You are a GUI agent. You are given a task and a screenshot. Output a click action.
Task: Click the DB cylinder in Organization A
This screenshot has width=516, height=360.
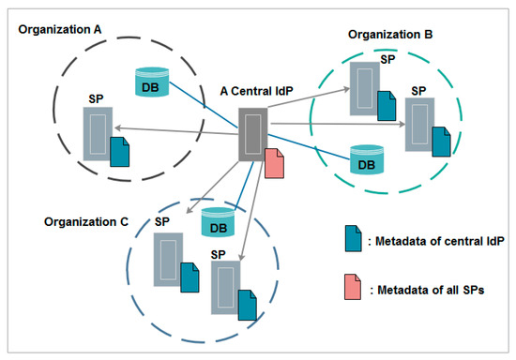(x=151, y=81)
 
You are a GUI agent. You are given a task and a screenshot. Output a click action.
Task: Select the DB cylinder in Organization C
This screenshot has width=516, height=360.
(x=218, y=223)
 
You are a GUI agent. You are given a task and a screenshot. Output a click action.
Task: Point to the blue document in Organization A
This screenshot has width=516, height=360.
(x=119, y=151)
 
